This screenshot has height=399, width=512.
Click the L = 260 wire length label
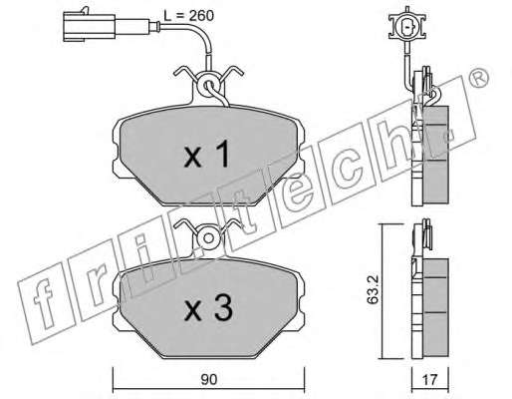pyautogui.click(x=188, y=16)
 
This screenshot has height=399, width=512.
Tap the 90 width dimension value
pyautogui.click(x=208, y=379)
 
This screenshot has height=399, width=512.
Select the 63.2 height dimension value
pyautogui.click(x=374, y=291)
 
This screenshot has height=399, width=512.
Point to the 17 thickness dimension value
pyautogui.click(x=429, y=380)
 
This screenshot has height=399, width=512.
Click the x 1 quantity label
pyautogui.click(x=206, y=154)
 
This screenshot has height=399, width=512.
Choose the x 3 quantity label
pyautogui.click(x=208, y=308)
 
